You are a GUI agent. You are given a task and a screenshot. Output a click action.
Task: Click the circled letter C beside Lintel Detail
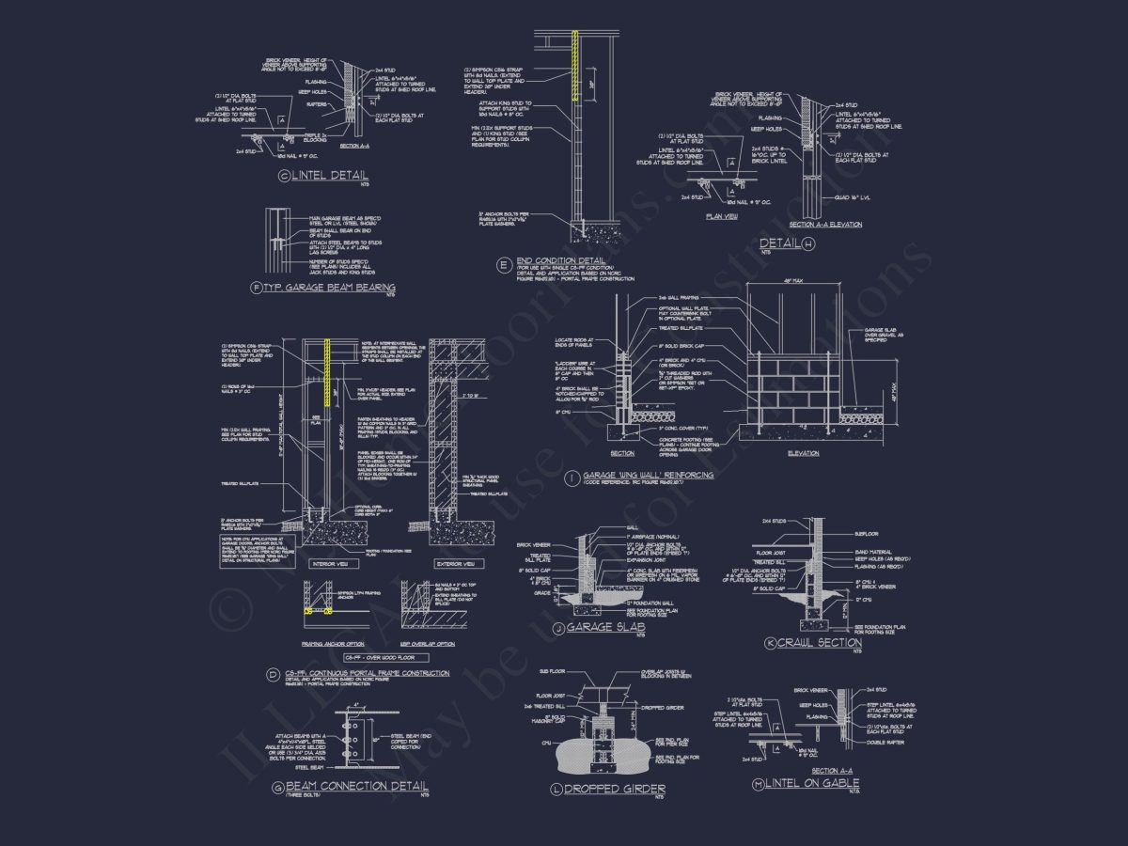[x=284, y=176]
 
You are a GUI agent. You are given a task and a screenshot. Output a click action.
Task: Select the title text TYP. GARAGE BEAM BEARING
[x=329, y=288]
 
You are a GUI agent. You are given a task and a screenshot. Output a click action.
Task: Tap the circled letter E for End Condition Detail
[x=505, y=263]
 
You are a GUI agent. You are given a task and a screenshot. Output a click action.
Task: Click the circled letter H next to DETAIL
[x=807, y=244]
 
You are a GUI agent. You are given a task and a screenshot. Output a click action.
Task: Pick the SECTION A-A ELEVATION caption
[x=825, y=225]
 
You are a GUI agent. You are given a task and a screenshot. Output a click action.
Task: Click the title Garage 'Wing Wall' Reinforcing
[x=648, y=476]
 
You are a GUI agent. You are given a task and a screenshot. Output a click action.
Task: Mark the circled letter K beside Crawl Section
[x=771, y=644]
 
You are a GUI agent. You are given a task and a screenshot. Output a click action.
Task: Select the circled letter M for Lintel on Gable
[x=759, y=783]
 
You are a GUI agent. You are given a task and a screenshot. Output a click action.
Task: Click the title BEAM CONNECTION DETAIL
[x=356, y=786]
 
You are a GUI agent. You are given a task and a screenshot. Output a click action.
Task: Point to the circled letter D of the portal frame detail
[x=273, y=674]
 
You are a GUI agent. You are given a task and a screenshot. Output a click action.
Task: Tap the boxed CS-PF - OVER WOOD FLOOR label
[x=379, y=656]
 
